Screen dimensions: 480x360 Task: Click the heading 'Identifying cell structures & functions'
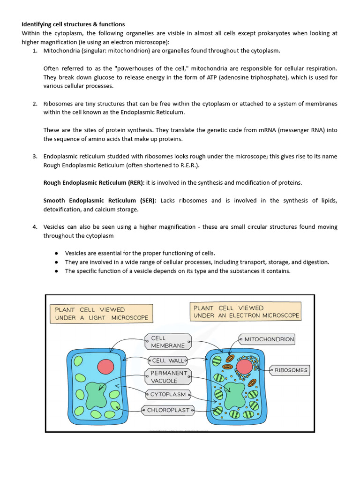point(73,24)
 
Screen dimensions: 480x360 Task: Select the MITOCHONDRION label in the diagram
point(269,339)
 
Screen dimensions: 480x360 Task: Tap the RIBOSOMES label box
point(291,370)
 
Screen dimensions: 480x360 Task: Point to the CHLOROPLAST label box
point(168,410)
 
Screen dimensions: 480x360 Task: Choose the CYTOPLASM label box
point(168,394)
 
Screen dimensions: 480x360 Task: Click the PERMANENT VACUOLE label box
point(168,377)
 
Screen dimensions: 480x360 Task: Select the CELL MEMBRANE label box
point(168,342)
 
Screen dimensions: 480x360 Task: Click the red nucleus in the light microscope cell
point(105,367)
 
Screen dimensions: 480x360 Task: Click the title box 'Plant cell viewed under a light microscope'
point(101,314)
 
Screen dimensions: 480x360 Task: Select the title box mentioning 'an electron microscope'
point(246,312)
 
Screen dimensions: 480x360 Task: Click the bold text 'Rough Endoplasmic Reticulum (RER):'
point(94,183)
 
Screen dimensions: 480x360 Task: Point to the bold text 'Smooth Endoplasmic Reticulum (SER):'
point(100,201)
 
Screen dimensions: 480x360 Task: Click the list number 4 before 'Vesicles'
point(35,227)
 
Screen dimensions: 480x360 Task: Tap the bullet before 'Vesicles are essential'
point(57,253)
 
